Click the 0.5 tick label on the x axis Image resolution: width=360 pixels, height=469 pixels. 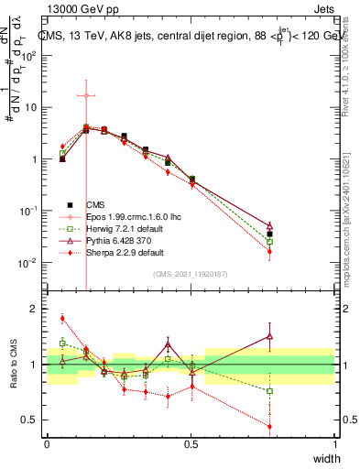pyautogui.click(x=191, y=444)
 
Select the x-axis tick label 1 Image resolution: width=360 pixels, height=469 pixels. pyautogui.click(x=335, y=444)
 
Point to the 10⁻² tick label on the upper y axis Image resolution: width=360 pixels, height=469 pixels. pyautogui.click(x=29, y=263)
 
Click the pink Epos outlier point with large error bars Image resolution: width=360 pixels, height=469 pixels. pyautogui.click(x=85, y=95)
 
